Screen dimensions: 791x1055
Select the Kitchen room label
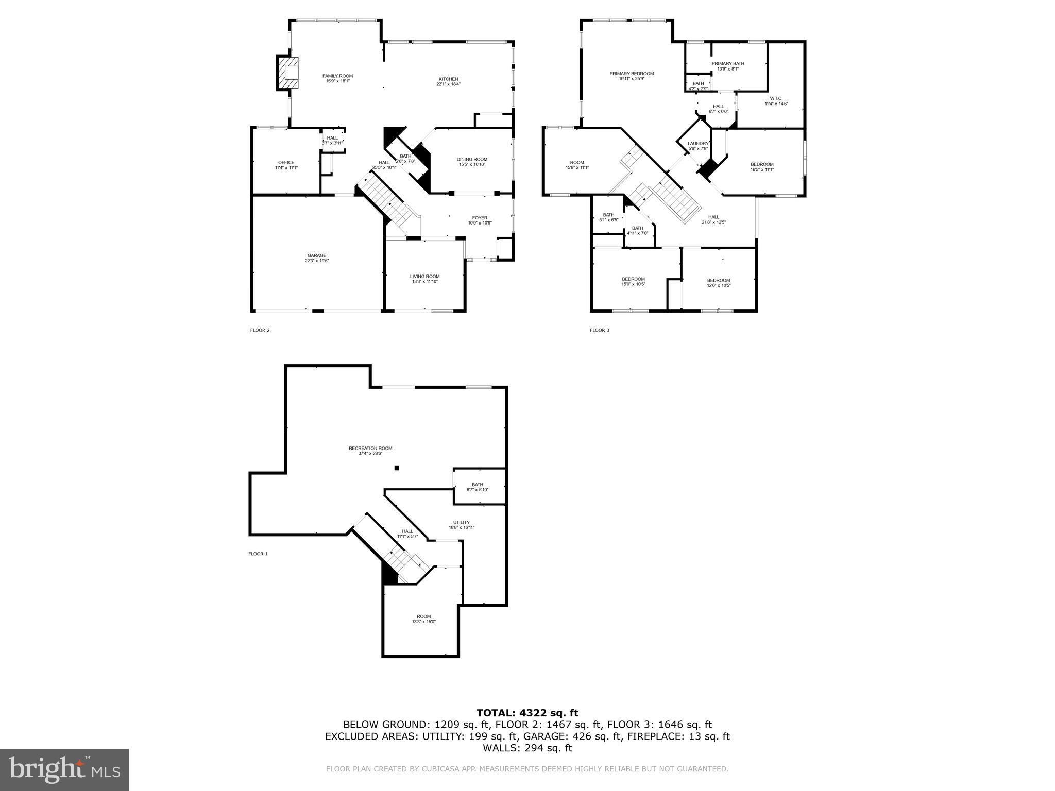tap(448, 79)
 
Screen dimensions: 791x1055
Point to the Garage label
tap(316, 255)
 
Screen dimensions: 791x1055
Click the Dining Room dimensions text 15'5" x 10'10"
tap(471, 164)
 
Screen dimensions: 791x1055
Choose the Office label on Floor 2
tap(286, 162)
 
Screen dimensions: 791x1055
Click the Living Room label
tap(424, 276)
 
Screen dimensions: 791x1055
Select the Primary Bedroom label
tap(631, 74)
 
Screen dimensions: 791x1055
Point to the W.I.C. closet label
tap(776, 98)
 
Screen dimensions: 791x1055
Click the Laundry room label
tap(698, 144)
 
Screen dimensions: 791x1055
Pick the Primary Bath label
tap(727, 64)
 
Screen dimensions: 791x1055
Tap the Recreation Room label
tap(370, 448)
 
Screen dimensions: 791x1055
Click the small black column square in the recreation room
tap(397, 468)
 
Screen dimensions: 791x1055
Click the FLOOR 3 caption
tap(599, 330)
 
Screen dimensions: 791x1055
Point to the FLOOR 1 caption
tap(258, 554)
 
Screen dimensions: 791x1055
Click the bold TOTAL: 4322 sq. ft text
tap(527, 713)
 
